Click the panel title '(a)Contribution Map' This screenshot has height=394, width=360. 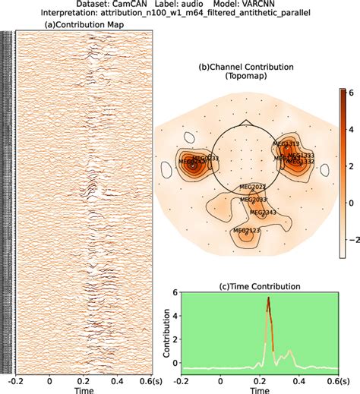tap(84, 25)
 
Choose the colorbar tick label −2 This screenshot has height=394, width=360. tap(351, 238)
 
